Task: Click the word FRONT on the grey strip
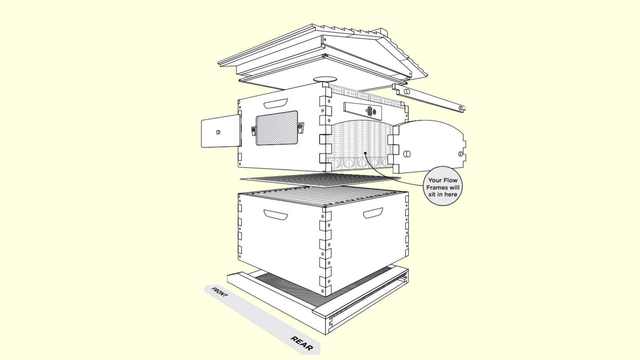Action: (219, 292)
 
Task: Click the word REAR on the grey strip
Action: (302, 343)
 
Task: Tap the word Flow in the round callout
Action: (450, 180)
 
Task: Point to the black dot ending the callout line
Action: (365, 153)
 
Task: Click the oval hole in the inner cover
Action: (325, 80)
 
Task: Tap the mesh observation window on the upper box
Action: (276, 128)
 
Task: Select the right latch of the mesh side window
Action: (300, 128)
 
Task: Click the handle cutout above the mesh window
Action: (276, 103)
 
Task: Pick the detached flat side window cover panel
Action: (220, 131)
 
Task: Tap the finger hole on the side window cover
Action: (218, 132)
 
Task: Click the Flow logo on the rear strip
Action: (370, 110)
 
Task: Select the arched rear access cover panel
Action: (428, 146)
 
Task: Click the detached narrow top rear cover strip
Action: (428, 98)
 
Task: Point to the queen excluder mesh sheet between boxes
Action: (320, 180)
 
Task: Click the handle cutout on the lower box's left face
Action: (276, 215)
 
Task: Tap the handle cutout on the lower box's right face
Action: (373, 213)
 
